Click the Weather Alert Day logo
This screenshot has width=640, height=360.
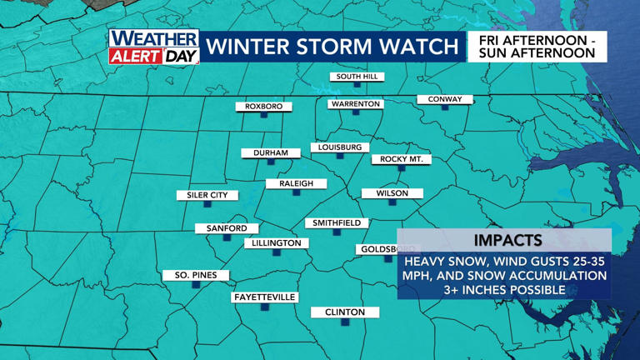click(x=154, y=47)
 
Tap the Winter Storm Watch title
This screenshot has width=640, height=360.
click(x=332, y=47)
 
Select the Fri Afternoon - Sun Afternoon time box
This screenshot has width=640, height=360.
click(x=537, y=47)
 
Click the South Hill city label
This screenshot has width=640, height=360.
click(x=357, y=77)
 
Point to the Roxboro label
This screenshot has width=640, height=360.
click(x=264, y=107)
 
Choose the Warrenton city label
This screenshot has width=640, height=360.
click(x=355, y=104)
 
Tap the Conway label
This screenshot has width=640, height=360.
click(x=445, y=99)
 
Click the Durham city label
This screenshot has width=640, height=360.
click(x=271, y=153)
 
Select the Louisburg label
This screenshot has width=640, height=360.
click(x=339, y=147)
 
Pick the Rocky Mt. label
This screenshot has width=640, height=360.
click(x=402, y=159)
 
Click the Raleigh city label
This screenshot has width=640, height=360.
click(x=296, y=183)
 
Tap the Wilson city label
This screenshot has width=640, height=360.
click(x=392, y=193)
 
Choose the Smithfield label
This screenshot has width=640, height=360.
click(x=337, y=223)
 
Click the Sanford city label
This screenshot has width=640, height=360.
click(x=227, y=228)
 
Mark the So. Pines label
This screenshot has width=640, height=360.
click(x=196, y=275)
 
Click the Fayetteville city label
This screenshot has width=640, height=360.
click(x=265, y=297)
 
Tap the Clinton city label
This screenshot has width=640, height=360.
click(x=344, y=312)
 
